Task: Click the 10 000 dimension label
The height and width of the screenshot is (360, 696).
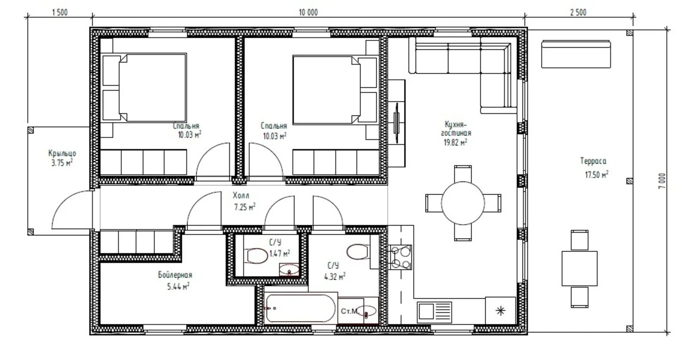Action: click(308, 12)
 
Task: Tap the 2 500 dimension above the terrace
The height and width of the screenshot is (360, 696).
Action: click(578, 12)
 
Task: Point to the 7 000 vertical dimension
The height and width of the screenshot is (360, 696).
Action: click(662, 181)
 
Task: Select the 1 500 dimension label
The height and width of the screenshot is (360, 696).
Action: click(60, 12)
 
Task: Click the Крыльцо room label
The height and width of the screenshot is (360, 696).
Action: click(62, 153)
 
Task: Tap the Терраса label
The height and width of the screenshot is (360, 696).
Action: click(593, 161)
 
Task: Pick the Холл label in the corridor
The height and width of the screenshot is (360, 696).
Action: click(241, 195)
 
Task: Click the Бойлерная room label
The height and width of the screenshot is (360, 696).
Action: click(175, 275)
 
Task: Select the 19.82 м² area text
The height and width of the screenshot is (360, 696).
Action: click(455, 142)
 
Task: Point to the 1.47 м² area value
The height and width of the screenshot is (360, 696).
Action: click(279, 253)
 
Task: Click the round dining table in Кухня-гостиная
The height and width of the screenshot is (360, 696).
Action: click(463, 203)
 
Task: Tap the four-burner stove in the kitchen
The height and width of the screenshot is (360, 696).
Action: click(401, 257)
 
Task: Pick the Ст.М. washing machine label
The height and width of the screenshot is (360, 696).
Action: click(349, 311)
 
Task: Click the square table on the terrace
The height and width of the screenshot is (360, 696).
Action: click(580, 268)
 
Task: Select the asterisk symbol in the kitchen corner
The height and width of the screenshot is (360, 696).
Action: click(500, 311)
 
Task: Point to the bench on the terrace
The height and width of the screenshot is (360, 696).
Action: click(576, 54)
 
